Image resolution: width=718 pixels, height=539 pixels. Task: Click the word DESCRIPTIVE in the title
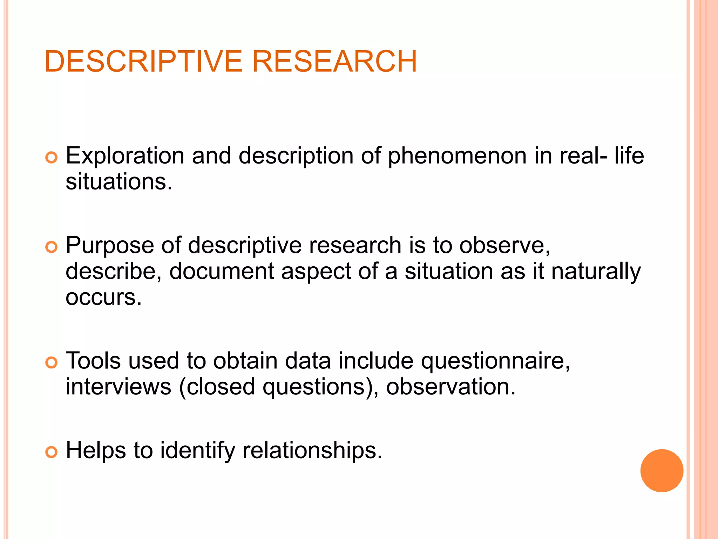143,61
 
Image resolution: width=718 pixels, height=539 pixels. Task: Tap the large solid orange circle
662,471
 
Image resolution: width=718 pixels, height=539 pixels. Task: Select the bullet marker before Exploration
51,158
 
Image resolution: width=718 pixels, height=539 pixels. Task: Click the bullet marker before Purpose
51,247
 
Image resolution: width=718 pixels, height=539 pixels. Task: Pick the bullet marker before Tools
51,362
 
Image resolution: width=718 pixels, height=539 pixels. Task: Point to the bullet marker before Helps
51,452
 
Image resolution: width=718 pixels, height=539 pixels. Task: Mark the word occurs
103,297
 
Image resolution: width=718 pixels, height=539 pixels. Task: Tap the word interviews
118,387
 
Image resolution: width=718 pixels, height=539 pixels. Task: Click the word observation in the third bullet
451,387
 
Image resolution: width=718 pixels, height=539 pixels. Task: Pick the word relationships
312,451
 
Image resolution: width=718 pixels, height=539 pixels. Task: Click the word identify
198,451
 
